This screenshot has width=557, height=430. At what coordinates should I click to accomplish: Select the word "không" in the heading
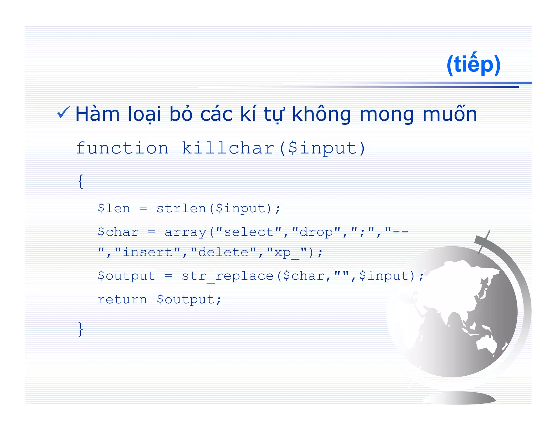[321, 114]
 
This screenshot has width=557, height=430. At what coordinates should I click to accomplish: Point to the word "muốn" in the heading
[450, 114]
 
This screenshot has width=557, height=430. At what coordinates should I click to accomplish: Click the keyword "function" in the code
[122, 148]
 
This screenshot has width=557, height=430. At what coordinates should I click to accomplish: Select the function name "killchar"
[228, 148]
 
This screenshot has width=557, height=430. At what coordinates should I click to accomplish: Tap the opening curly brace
[81, 181]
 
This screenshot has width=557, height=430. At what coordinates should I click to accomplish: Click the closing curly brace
[81, 329]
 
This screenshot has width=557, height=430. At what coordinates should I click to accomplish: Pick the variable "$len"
[114, 208]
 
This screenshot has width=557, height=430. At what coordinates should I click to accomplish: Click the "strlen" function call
[181, 208]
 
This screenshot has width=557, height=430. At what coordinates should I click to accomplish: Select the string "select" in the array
[249, 232]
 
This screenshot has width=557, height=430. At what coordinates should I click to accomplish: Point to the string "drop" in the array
[316, 232]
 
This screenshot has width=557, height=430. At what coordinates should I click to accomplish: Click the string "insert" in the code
[148, 252]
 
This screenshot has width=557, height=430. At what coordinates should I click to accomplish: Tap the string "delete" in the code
[223, 252]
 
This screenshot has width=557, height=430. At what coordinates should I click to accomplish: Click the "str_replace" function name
[228, 276]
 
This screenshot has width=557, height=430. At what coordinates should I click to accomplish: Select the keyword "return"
[122, 300]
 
